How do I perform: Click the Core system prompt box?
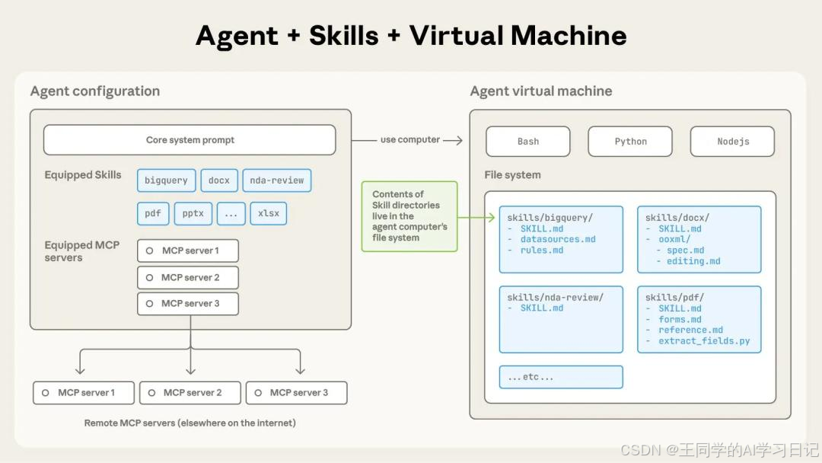(190, 140)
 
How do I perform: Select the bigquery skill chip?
(166, 180)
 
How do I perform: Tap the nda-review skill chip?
(276, 180)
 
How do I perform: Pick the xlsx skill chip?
(268, 213)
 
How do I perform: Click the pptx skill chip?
(193, 213)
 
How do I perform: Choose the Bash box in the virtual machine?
(527, 142)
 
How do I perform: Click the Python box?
(630, 142)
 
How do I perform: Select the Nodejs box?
(732, 142)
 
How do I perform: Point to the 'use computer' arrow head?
(459, 140)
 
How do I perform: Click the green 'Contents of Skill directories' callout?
(409, 216)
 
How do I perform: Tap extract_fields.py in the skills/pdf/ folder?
(704, 341)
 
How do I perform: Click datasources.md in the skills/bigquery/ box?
(558, 239)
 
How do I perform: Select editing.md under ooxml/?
(693, 261)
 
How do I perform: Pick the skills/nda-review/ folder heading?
(555, 297)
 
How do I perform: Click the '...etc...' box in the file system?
(561, 377)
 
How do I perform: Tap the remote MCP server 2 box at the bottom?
(190, 393)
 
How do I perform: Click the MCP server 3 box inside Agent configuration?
(188, 304)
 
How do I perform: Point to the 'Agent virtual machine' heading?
(540, 91)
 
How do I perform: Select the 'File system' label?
(512, 175)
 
